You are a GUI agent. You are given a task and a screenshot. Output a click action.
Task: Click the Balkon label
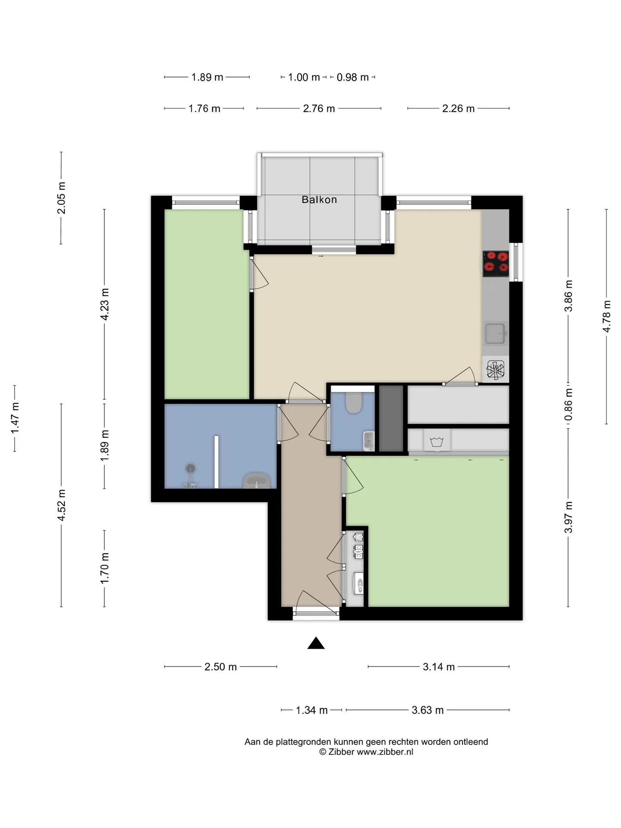319,200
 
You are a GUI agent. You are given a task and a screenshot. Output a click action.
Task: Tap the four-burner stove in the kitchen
496,263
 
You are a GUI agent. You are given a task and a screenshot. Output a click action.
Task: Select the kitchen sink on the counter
496,333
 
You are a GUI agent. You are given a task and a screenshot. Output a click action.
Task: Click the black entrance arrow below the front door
316,643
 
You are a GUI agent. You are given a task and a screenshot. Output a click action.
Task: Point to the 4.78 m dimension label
606,317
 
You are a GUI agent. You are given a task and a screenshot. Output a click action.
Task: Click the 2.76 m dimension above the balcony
319,109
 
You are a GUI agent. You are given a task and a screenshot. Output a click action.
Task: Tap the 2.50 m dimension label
221,667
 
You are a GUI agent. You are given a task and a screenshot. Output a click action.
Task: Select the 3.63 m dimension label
428,710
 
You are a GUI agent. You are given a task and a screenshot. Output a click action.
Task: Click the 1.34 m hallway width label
312,710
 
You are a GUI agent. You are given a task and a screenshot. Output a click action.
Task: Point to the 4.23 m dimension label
104,304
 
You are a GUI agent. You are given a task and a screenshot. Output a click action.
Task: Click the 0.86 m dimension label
568,405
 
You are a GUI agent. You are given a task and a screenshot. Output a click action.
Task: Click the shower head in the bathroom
191,468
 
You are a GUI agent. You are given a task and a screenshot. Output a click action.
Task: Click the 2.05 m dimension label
61,198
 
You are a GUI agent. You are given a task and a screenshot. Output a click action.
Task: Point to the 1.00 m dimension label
304,77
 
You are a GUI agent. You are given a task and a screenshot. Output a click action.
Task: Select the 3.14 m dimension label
439,667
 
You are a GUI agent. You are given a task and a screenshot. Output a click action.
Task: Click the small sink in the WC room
369,440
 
